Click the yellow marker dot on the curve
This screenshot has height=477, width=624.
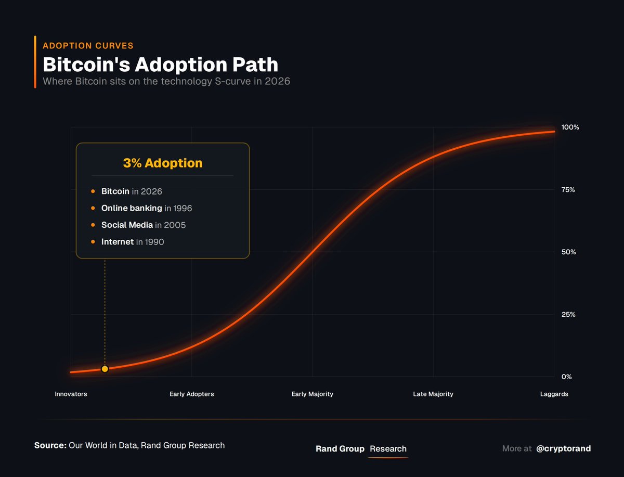pyautogui.click(x=105, y=369)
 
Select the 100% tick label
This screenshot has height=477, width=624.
pyautogui.click(x=570, y=127)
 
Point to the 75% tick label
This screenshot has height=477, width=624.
pyautogui.click(x=568, y=190)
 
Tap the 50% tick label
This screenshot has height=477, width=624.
pyautogui.click(x=568, y=252)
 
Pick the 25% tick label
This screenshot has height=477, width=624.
pyautogui.click(x=568, y=315)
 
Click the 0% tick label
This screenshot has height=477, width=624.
pyautogui.click(x=566, y=377)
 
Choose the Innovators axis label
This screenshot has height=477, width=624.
pyautogui.click(x=71, y=394)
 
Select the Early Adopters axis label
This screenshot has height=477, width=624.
pyautogui.click(x=192, y=394)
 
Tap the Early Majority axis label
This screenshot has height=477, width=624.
pyautogui.click(x=313, y=394)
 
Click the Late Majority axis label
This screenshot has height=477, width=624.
pyautogui.click(x=433, y=394)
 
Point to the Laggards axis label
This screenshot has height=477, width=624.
pyautogui.click(x=554, y=394)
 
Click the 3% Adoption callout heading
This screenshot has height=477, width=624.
pyautogui.click(x=163, y=163)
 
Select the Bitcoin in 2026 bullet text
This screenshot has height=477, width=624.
pyautogui.click(x=132, y=192)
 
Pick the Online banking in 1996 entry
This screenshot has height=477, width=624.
pyautogui.click(x=147, y=209)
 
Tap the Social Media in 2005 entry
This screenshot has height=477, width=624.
pyautogui.click(x=144, y=225)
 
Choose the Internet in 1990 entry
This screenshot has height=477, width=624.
pyautogui.click(x=133, y=242)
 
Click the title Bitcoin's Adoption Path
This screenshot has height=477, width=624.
pyautogui.click(x=160, y=65)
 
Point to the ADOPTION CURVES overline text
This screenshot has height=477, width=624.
pyautogui.click(x=88, y=46)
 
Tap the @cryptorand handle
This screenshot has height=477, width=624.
pyautogui.click(x=563, y=448)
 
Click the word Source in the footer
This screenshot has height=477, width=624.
pyautogui.click(x=50, y=445)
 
